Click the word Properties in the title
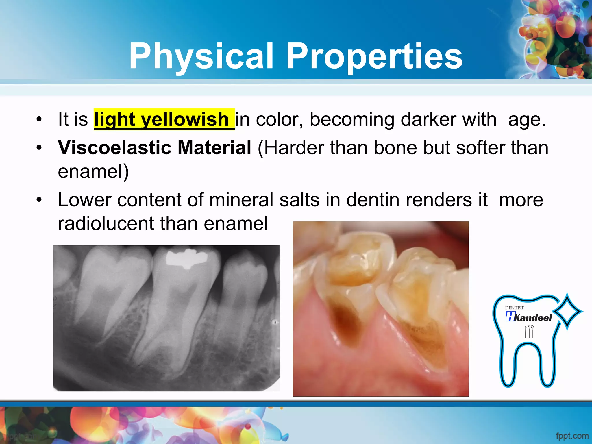pos(374,56)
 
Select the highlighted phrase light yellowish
pos(164,119)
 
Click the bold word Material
pos(214,148)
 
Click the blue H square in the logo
pos(510,316)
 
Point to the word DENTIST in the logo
pos(514,308)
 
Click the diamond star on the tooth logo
pos(567,312)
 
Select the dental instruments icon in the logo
pos(529,332)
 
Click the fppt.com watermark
pos(572,436)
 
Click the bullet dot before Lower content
pos(39,200)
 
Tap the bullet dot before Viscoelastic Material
pos(39,148)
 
